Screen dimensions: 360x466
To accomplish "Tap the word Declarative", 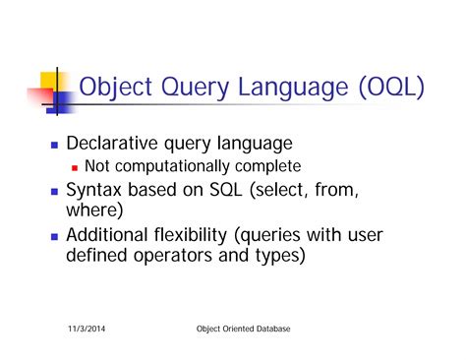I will (118, 144).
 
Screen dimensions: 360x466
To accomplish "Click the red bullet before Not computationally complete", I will (75, 166).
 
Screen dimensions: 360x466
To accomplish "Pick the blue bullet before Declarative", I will (54, 145).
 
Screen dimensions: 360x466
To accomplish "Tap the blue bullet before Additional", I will (54, 237).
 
